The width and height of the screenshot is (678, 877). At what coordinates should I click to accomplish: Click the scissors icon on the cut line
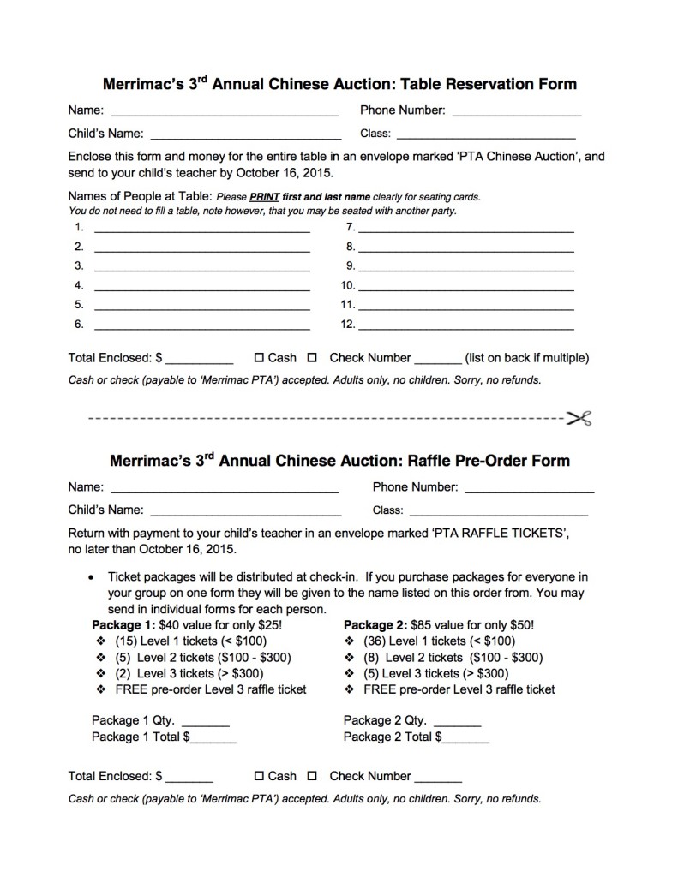[x=579, y=419]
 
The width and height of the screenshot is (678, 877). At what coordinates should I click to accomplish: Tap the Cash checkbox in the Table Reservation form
[x=259, y=358]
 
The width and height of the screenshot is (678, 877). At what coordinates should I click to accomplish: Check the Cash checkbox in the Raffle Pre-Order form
[x=259, y=776]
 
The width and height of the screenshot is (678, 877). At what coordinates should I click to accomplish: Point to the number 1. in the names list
[x=80, y=227]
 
